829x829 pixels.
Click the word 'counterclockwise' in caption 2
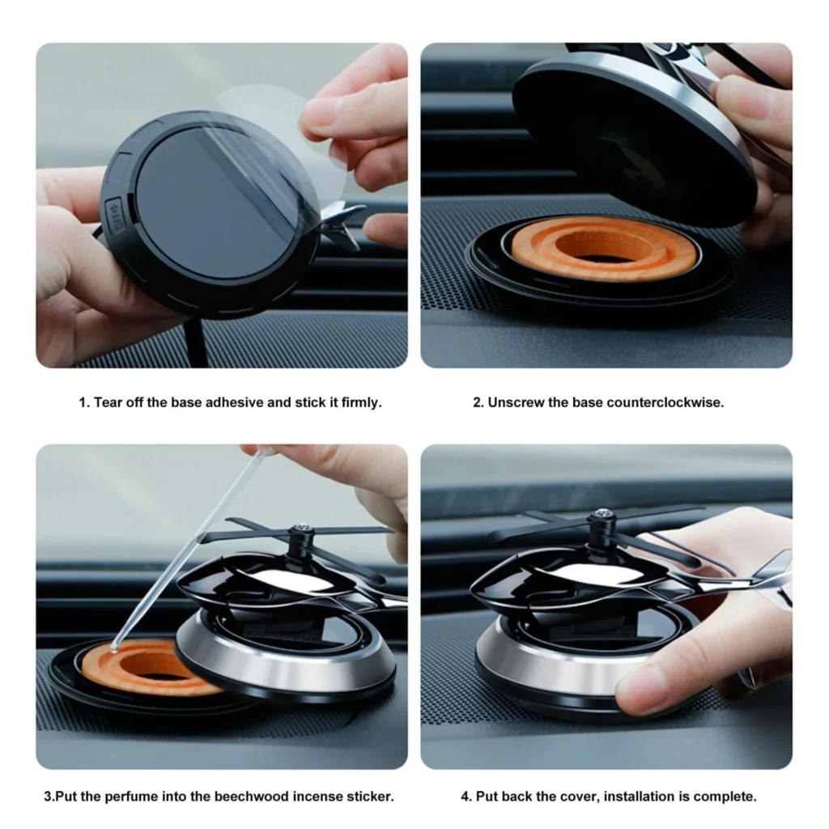(x=665, y=402)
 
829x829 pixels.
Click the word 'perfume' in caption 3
(x=131, y=797)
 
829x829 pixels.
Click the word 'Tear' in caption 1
(x=104, y=402)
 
